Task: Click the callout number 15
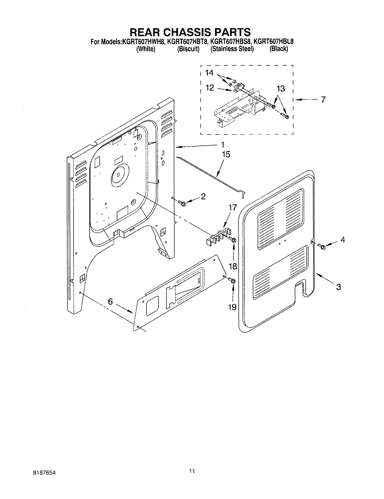pyautogui.click(x=226, y=154)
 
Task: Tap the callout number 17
pyautogui.click(x=233, y=208)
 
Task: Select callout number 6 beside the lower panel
pyautogui.click(x=111, y=301)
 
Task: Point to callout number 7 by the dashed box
pyautogui.click(x=323, y=100)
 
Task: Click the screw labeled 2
pyautogui.click(x=181, y=202)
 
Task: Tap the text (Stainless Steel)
pyautogui.click(x=232, y=49)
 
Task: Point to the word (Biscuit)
pyautogui.click(x=188, y=49)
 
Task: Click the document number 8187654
pyautogui.click(x=44, y=473)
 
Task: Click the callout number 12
pyautogui.click(x=210, y=87)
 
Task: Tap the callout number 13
pyautogui.click(x=281, y=89)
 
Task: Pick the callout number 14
pyautogui.click(x=209, y=73)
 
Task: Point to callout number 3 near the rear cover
pyautogui.click(x=339, y=287)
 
